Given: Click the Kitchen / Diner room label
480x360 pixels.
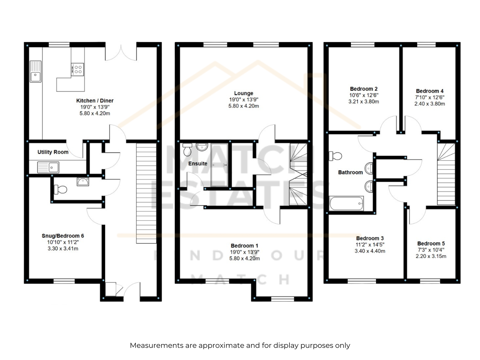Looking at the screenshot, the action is click(95, 100).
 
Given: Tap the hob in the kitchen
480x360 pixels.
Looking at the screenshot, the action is click(77, 70).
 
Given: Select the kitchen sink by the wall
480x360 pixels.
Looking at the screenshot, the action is click(35, 71).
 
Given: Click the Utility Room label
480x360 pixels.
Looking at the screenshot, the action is click(53, 152).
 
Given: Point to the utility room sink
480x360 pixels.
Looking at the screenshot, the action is click(48, 167).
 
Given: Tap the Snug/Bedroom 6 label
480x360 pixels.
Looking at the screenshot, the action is click(63, 235).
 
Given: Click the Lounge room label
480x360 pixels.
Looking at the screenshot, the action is click(244, 93).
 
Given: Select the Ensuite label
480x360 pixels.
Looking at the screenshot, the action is click(198, 163).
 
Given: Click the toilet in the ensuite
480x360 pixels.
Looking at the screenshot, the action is click(187, 149).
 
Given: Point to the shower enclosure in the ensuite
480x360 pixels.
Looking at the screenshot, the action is click(219, 165).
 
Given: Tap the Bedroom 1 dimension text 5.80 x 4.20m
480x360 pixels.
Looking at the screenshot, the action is click(244, 258).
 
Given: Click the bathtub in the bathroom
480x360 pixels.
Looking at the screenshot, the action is click(346, 203).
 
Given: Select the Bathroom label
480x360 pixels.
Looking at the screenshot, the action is click(350, 172).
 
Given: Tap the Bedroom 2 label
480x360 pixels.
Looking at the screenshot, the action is click(364, 89).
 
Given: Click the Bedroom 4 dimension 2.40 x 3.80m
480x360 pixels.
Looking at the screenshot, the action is click(430, 103).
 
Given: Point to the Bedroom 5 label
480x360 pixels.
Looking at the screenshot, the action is click(431, 243).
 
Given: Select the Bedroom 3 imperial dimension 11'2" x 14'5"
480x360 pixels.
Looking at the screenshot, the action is click(370, 244).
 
